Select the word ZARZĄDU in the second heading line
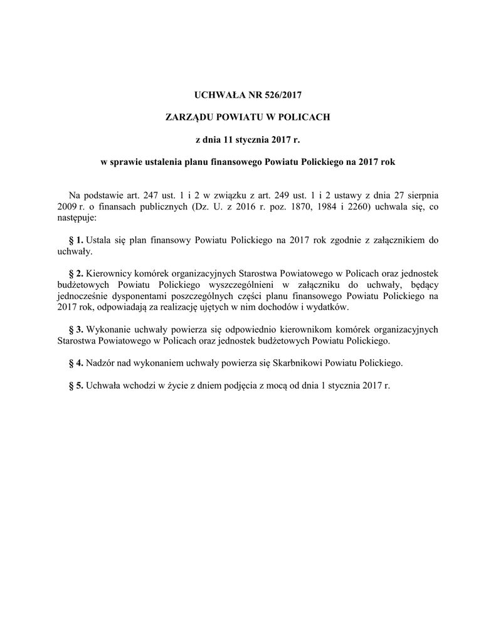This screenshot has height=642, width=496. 190,117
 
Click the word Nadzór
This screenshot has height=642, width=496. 100,363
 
